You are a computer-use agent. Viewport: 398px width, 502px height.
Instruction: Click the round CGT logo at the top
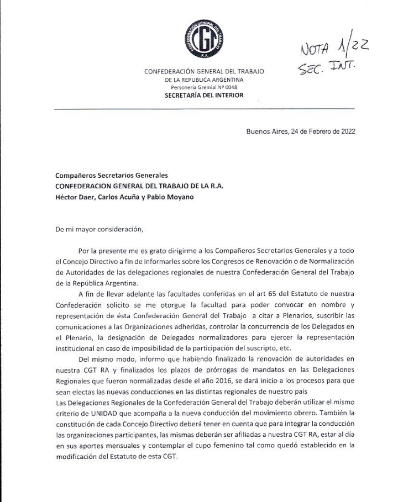(204, 39)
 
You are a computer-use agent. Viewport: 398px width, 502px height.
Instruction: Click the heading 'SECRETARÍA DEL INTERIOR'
(204, 95)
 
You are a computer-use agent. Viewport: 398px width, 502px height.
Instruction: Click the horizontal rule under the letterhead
(204, 109)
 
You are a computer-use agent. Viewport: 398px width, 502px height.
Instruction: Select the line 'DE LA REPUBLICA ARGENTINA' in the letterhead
(204, 80)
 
